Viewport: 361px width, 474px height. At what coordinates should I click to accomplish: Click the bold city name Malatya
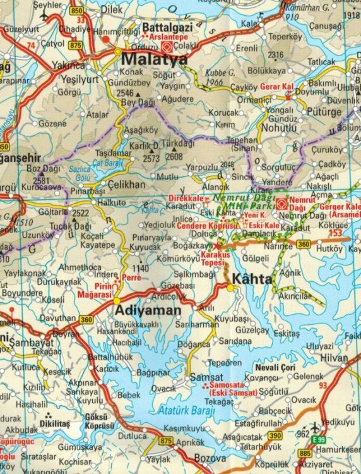pos(154,60)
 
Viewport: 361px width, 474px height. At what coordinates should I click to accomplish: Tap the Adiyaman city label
pos(148,311)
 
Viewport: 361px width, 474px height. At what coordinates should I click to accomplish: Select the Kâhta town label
pos(252,278)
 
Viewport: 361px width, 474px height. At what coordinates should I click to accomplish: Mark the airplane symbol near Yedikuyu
pos(314,427)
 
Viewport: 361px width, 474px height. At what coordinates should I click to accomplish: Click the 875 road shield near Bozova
pos(166,441)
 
